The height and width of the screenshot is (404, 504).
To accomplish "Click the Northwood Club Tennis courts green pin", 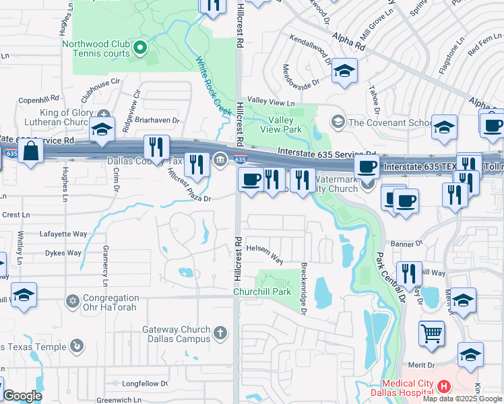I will (140, 47).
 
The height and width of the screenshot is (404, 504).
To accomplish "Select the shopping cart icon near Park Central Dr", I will (432, 333).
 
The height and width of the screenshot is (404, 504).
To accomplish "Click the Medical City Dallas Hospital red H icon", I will (443, 386).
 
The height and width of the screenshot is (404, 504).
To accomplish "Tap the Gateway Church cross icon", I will (220, 333).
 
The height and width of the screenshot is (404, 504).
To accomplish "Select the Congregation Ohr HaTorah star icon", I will (72, 300).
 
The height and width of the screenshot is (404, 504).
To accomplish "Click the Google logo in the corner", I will (22, 396).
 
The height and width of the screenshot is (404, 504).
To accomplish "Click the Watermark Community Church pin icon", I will (367, 182).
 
